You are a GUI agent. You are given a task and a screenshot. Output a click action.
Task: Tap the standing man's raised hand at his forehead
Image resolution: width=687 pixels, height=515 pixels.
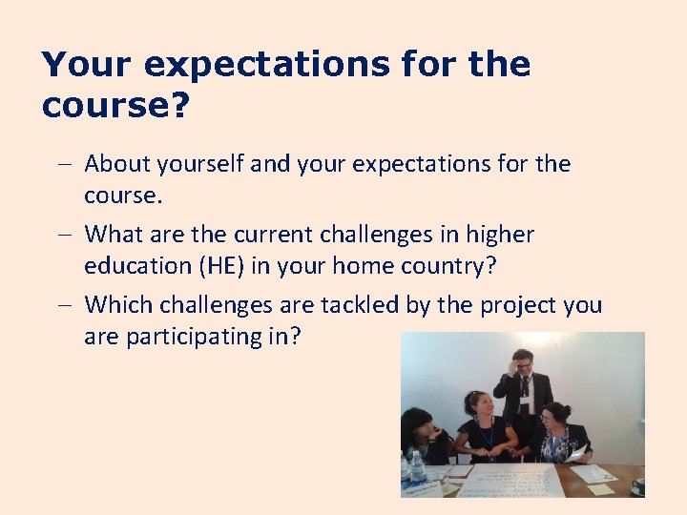point(515,363)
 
